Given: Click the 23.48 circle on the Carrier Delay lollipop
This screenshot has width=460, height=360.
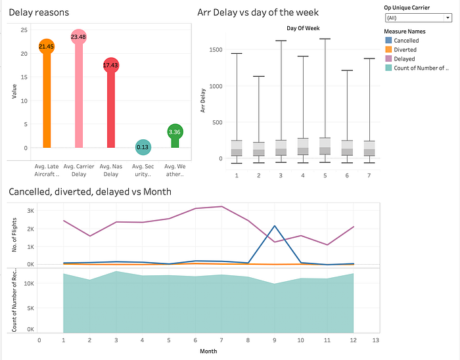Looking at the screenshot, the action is click(78, 37).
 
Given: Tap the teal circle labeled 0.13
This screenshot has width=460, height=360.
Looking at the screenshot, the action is click(143, 147).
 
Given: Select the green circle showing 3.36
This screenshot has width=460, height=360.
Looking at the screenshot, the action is click(175, 132).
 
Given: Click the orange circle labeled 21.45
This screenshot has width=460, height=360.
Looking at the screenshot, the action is click(47, 47).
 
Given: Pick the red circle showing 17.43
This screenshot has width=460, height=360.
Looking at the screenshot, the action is click(110, 66).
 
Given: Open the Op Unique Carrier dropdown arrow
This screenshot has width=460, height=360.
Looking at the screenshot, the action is click(448, 18).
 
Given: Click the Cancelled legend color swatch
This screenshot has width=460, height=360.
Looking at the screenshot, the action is click(388, 40).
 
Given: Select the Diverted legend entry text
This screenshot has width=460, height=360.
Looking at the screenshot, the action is click(405, 49).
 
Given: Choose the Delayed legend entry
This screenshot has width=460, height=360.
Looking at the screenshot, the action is click(404, 58).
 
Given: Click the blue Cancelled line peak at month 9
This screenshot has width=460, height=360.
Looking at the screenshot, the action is click(275, 226).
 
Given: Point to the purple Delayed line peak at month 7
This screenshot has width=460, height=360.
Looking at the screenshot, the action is click(221, 206).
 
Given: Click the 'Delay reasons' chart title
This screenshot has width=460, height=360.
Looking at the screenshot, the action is click(39, 12).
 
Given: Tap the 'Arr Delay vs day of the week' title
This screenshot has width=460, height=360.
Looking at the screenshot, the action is click(258, 12).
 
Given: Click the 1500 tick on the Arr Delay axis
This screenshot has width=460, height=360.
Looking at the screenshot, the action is click(216, 49).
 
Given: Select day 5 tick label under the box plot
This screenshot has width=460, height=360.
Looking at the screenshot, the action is click(325, 175).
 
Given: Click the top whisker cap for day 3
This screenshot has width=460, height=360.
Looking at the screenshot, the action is click(281, 41).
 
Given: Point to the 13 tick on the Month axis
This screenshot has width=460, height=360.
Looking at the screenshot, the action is click(375, 340).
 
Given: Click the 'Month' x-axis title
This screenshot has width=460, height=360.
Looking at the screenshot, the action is click(208, 351).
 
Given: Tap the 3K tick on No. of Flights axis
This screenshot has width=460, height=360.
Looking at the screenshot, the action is click(30, 211).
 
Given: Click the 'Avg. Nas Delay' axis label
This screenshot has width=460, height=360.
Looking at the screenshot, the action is click(111, 170).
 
